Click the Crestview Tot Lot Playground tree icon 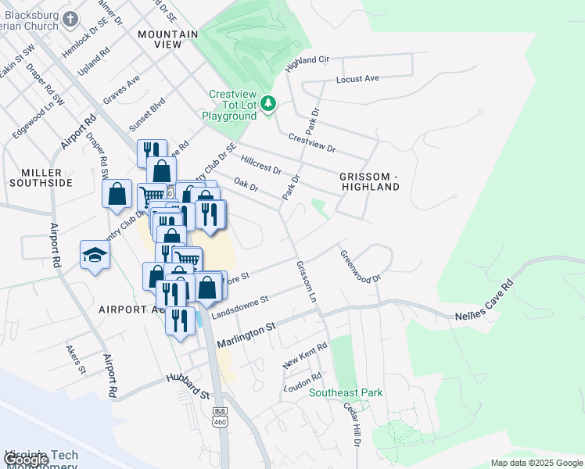click(x=268, y=103)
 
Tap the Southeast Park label click(x=346, y=392)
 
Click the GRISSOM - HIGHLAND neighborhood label click(x=369, y=182)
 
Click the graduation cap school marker click(x=95, y=255)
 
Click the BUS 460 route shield click(x=220, y=416)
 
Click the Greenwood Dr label click(x=359, y=267)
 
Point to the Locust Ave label click(x=357, y=79)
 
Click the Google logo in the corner click(x=26, y=460)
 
